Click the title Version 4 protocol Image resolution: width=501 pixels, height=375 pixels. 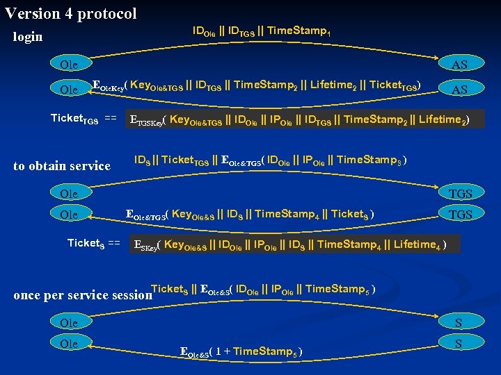click(70, 12)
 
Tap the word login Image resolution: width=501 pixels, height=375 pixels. click(28, 36)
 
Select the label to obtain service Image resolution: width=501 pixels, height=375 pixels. click(62, 165)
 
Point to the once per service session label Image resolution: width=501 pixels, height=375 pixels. click(82, 294)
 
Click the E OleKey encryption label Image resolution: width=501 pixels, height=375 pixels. click(109, 86)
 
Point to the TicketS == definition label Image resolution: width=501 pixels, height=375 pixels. click(93, 243)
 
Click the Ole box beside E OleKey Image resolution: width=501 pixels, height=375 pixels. click(69, 90)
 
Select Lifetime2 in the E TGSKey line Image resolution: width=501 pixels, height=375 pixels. click(442, 119)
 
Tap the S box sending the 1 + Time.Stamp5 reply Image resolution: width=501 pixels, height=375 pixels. click(459, 344)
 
